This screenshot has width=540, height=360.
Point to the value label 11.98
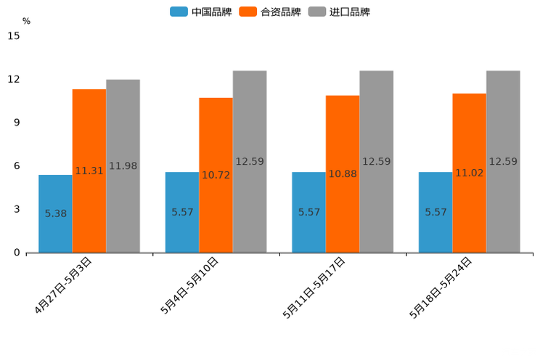(123, 166)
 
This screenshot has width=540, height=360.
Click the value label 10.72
(216, 175)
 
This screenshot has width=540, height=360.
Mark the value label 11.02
(469, 173)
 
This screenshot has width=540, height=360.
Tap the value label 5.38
(55, 213)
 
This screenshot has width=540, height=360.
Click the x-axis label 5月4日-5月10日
(190, 285)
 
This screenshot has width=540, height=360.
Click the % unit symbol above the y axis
(26, 21)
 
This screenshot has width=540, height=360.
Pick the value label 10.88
(343, 174)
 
